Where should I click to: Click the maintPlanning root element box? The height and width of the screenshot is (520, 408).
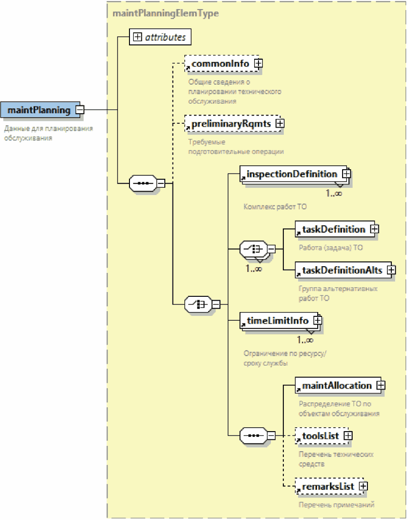(x=39, y=110)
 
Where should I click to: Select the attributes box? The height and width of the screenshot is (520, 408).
(x=160, y=37)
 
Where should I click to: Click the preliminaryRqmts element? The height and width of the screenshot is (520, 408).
(x=231, y=124)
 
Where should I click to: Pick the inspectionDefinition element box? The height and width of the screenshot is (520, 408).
(x=291, y=174)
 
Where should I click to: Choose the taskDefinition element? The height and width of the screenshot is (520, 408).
(x=333, y=229)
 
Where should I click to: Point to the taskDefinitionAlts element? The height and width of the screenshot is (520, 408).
(x=342, y=270)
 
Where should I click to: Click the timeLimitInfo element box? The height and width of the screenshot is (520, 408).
(x=278, y=321)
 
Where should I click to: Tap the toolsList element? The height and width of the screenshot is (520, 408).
(x=321, y=436)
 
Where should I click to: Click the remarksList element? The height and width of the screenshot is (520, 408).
(x=328, y=486)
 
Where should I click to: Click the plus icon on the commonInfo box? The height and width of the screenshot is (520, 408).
(x=258, y=63)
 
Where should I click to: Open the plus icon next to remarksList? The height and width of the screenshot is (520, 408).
(x=363, y=486)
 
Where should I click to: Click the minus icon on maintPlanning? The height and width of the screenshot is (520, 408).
(x=80, y=110)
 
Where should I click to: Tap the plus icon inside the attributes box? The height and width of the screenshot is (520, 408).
(x=138, y=37)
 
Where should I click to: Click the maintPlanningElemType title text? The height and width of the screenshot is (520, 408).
(x=165, y=13)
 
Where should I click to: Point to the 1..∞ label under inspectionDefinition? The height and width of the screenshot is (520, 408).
(x=334, y=194)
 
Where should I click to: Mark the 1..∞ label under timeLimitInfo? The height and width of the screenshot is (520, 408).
(x=305, y=340)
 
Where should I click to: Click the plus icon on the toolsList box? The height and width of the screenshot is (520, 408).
(x=348, y=436)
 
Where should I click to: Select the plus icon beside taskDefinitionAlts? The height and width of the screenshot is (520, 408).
(x=391, y=270)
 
